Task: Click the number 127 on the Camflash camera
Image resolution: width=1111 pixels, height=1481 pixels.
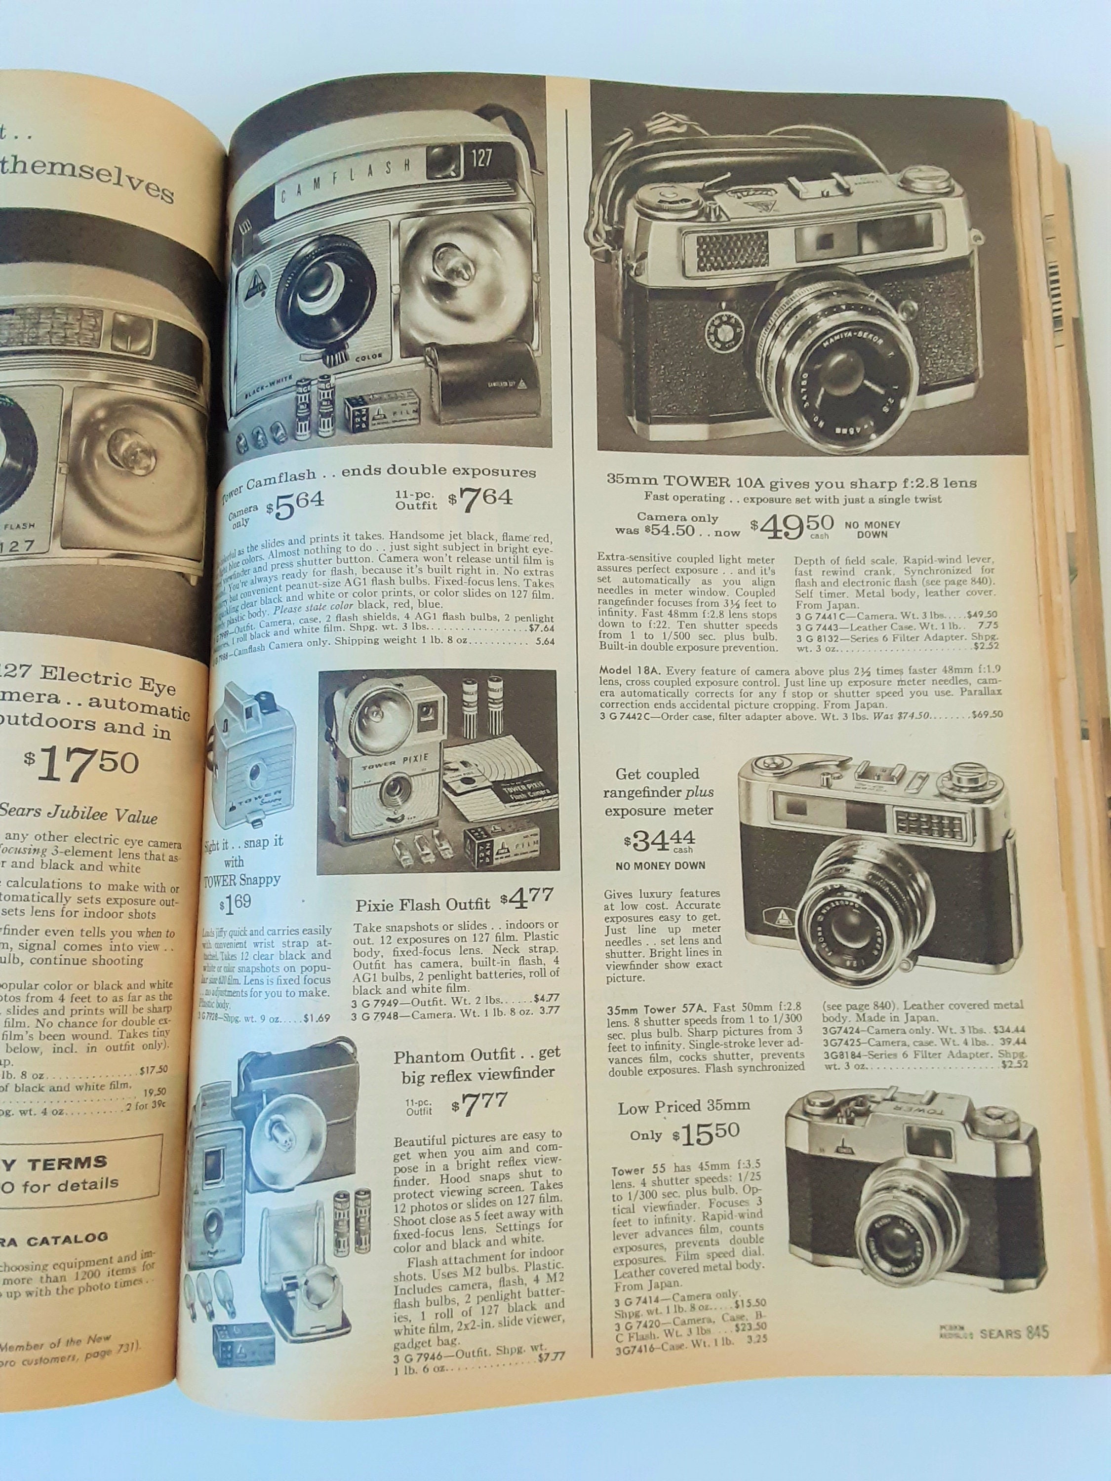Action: point(477,158)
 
